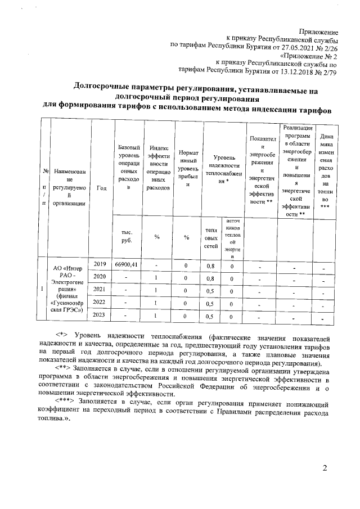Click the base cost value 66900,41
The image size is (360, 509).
[126, 264]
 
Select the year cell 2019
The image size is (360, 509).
[100, 264]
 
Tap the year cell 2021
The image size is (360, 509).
[100, 289]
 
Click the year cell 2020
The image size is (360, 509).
[100, 277]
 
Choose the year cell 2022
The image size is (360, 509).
[100, 302]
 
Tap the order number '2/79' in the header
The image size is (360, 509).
[327, 72]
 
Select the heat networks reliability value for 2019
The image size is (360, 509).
[211, 264]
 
